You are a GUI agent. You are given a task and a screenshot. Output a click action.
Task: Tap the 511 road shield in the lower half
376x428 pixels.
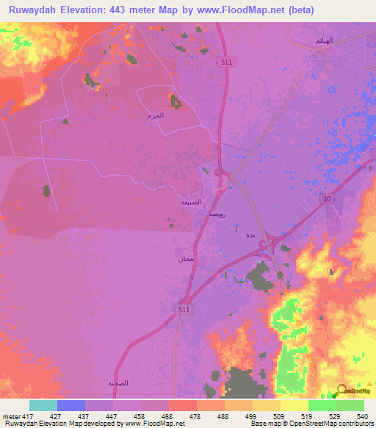pos(184,310)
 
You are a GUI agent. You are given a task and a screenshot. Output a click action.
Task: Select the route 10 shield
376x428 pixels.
pos(327,199)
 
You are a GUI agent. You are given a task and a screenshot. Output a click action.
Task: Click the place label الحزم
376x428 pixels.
pos(155,115)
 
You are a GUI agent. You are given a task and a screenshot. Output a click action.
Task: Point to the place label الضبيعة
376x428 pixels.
pos(192,201)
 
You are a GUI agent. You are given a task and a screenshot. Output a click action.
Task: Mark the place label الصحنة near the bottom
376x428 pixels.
pos(118,384)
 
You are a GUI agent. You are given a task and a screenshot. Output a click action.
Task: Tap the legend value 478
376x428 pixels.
pos(195,416)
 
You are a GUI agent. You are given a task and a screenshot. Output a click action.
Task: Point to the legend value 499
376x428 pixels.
pos(250,416)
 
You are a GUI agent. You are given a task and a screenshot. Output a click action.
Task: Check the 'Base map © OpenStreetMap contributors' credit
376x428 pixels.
pos(313,424)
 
